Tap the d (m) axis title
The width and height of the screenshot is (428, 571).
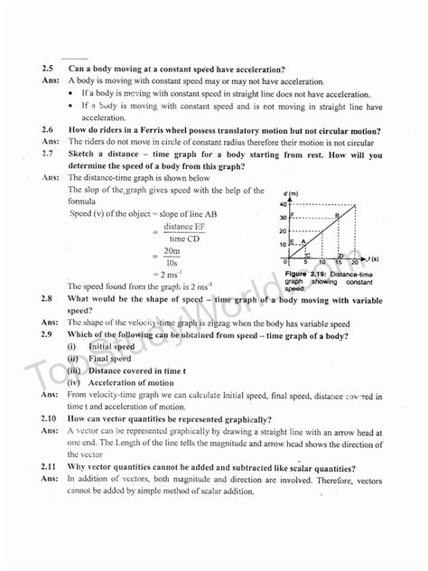pos(290,193)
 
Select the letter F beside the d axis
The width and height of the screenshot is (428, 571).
pos(292,214)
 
